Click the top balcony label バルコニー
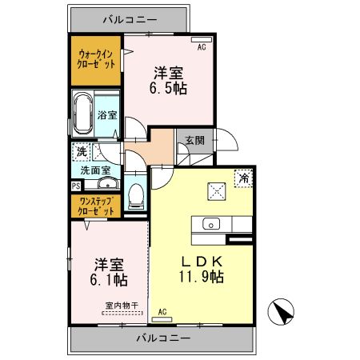[130, 18]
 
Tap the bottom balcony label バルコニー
[162, 338]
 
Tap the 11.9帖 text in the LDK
[201, 276]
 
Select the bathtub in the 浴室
[83, 115]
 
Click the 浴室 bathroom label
[107, 114]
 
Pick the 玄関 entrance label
[194, 140]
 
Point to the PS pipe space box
[75, 186]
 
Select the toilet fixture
[135, 194]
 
